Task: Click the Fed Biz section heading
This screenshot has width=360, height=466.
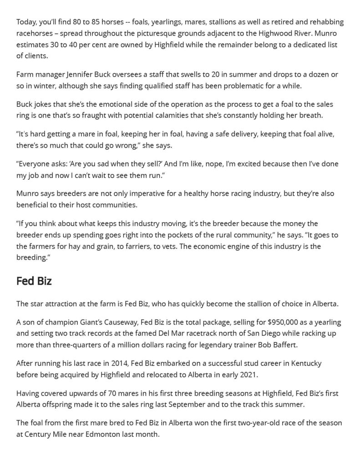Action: coord(34,281)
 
